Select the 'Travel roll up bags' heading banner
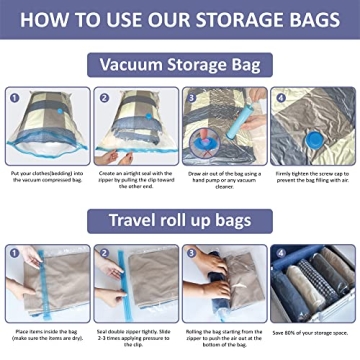point(180,217)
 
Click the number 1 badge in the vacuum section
point(14,97)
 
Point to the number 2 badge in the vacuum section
point(103,97)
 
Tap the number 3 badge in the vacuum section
point(190,97)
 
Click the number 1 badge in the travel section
point(14,252)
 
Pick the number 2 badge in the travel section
point(103,252)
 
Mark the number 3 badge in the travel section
point(190,252)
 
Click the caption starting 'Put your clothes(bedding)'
point(46,179)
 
